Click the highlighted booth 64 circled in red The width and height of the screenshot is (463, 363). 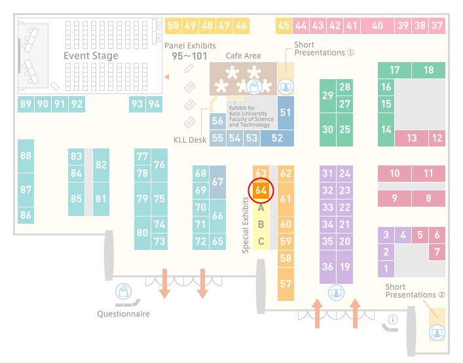click(x=261, y=190)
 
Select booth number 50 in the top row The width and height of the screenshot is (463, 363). click(x=173, y=26)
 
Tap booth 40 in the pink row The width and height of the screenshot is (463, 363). click(x=377, y=26)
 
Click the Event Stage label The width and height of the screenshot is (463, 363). click(x=91, y=56)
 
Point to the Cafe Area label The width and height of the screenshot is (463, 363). click(x=243, y=56)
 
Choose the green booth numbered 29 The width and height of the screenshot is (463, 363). click(x=327, y=96)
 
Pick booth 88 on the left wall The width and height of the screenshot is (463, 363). click(x=26, y=156)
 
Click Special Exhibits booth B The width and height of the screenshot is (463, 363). click(x=261, y=224)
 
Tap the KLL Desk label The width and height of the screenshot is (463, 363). click(x=190, y=140)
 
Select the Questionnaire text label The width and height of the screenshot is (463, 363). click(x=123, y=314)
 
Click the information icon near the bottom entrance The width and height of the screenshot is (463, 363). click(x=392, y=319)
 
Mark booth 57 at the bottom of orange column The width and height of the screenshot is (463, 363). click(x=286, y=284)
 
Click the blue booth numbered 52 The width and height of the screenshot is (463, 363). click(x=277, y=138)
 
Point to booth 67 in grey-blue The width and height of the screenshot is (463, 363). click(x=217, y=182)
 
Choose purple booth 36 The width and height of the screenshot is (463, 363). click(x=327, y=267)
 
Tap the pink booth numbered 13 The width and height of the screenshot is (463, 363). click(x=411, y=138)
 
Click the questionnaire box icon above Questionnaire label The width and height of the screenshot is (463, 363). click(x=123, y=292)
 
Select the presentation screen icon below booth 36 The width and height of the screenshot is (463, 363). click(x=336, y=293)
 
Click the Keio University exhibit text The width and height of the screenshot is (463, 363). click(x=251, y=116)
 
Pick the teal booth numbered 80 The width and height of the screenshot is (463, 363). click(x=142, y=233)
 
